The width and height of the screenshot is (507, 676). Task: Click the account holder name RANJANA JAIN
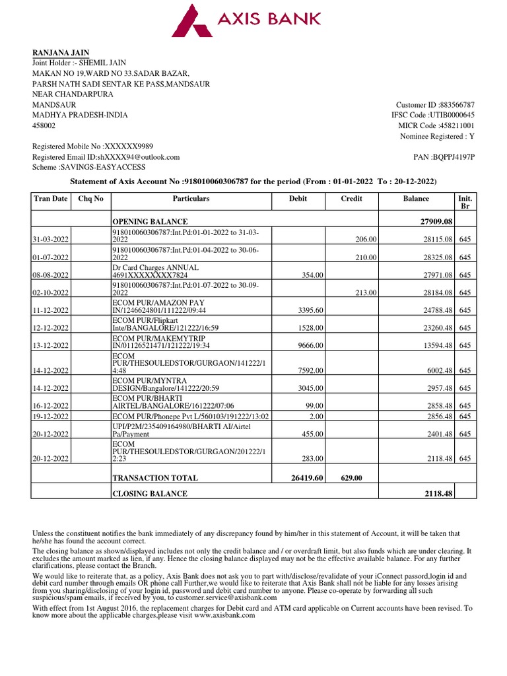pyautogui.click(x=61, y=53)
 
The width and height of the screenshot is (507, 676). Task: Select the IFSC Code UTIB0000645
pyautogui.click(x=452, y=116)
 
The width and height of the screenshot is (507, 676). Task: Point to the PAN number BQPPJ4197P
pyautogui.click(x=453, y=157)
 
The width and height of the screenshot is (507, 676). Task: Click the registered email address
pyautogui.click(x=138, y=157)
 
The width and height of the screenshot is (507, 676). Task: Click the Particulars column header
pyautogui.click(x=191, y=199)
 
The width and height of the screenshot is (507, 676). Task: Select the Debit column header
pyautogui.click(x=298, y=199)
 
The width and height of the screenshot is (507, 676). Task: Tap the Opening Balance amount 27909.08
pyautogui.click(x=436, y=222)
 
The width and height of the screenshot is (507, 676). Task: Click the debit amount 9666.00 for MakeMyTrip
pyautogui.click(x=309, y=346)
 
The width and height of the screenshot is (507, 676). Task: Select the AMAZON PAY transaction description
pyautogui.click(x=159, y=306)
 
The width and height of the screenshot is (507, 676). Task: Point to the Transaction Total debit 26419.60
pyautogui.click(x=304, y=477)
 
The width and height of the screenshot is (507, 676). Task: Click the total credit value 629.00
pyautogui.click(x=353, y=477)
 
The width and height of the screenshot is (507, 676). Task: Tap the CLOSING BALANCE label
pyautogui.click(x=150, y=494)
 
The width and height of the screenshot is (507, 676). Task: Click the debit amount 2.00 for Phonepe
pyautogui.click(x=315, y=417)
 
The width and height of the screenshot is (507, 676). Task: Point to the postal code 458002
pyautogui.click(x=44, y=125)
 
